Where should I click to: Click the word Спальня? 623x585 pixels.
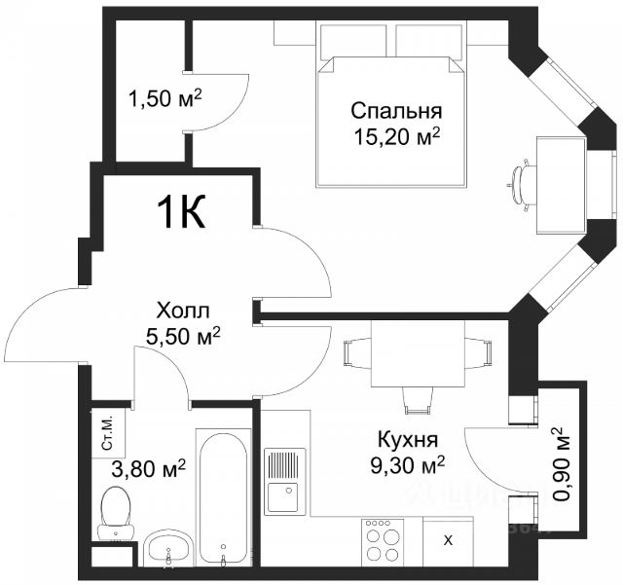(x=396, y=111)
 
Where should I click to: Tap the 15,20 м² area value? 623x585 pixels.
(x=398, y=137)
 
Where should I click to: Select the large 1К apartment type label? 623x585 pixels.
(x=181, y=212)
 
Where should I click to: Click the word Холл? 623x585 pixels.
(x=183, y=311)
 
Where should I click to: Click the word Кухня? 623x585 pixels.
(x=408, y=439)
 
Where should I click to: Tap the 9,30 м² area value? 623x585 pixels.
(x=408, y=464)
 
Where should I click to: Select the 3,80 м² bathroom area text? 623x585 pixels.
(x=148, y=469)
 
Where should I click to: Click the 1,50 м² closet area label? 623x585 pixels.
(x=165, y=99)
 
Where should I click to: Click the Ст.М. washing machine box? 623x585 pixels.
(x=108, y=433)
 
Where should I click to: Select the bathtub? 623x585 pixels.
(x=223, y=497)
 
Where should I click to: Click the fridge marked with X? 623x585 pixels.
(x=448, y=541)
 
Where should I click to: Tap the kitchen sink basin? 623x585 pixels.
(x=282, y=496)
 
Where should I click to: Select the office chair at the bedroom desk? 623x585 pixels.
(x=522, y=185)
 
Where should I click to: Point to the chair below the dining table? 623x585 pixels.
(x=417, y=401)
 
